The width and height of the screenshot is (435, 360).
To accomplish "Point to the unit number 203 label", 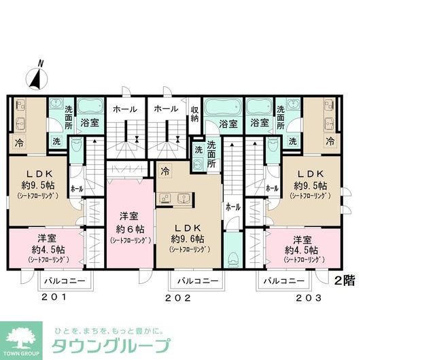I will (x=308, y=298).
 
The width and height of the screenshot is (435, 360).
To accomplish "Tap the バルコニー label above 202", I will (x=198, y=281).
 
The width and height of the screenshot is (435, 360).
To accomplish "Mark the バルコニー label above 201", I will (x=64, y=280).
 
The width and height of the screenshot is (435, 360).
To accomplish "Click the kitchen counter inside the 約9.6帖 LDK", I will (x=174, y=198).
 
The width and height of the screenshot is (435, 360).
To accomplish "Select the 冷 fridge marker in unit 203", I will (x=330, y=142).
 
